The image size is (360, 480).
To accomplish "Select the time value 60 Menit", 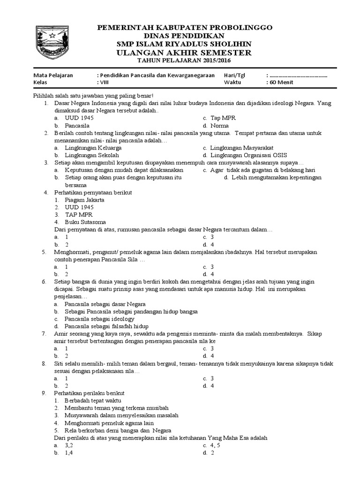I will (281, 82).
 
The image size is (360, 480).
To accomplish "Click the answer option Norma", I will (219, 126).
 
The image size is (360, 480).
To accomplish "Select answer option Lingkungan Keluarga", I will (92, 148).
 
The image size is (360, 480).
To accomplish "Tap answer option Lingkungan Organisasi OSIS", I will (249, 155).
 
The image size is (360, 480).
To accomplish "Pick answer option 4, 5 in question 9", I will (214, 445).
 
